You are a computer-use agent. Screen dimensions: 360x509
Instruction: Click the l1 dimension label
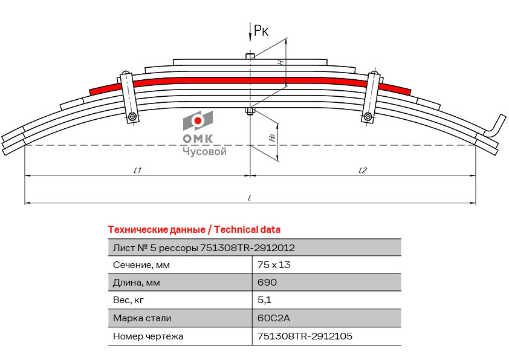coord(137,170)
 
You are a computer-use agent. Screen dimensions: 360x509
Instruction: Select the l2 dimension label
coord(362,170)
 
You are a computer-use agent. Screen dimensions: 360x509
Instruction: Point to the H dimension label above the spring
coord(280,63)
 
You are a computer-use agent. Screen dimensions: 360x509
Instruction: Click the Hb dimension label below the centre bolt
coord(272,139)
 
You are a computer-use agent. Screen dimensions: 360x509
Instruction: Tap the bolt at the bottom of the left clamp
coord(132,117)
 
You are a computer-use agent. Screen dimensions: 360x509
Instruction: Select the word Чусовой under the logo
coord(204,152)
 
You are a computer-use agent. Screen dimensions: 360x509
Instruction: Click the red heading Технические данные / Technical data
coord(193,230)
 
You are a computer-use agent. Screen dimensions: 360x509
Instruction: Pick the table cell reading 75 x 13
coord(270,264)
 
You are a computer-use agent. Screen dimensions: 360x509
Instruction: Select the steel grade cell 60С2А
coord(270,318)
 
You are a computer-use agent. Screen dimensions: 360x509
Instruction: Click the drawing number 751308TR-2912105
coord(305,335)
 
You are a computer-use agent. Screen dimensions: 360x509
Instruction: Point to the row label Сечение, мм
coord(141,264)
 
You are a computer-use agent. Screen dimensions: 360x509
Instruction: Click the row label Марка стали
coord(142,318)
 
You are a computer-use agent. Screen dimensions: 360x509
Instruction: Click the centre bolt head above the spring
coord(250,56)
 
